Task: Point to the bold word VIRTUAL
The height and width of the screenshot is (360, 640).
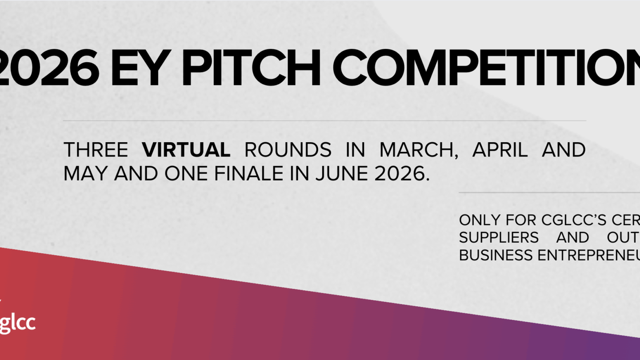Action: point(186,150)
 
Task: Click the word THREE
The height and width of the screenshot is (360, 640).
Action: point(96,150)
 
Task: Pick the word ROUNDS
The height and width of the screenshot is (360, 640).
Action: point(288,150)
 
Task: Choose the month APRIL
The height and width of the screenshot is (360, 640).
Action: point(500,150)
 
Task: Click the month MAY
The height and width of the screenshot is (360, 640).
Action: point(86,174)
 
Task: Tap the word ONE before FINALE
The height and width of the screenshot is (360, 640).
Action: point(186,174)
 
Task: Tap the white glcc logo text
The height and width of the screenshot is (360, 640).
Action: point(18,323)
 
